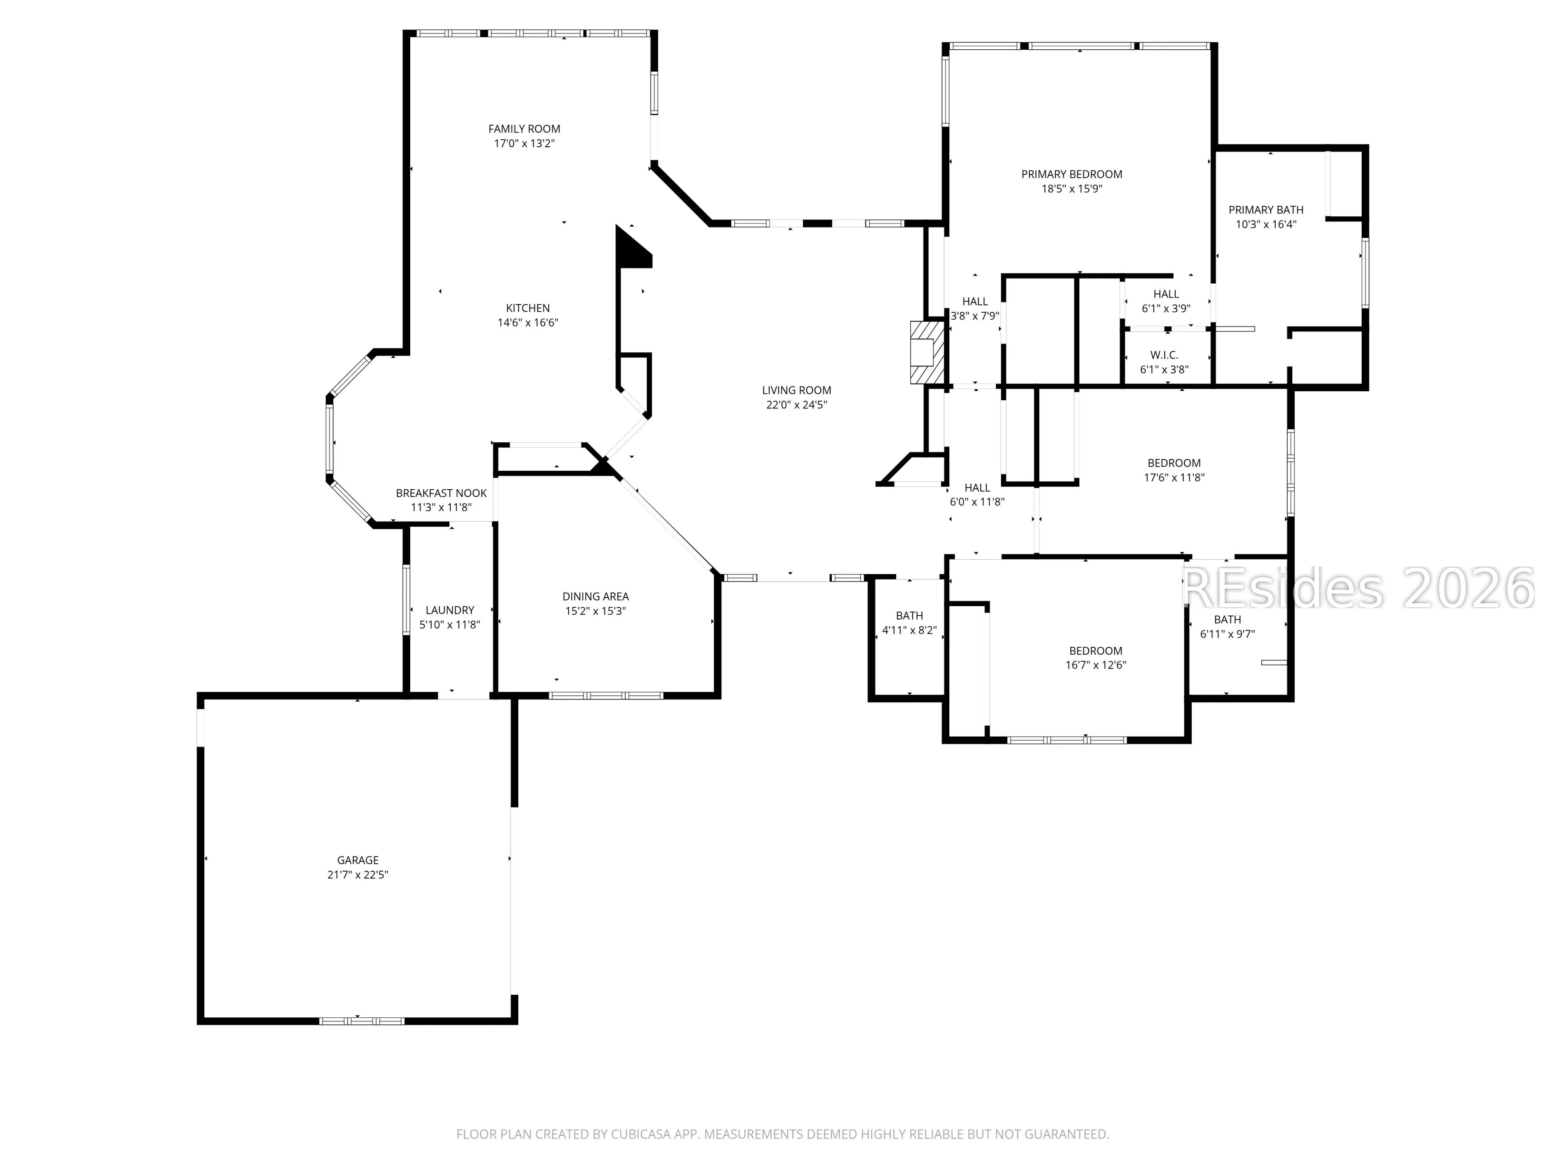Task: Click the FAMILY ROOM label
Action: (524, 129)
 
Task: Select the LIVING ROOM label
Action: (796, 390)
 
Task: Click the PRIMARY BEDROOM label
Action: (1072, 174)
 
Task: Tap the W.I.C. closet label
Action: (1165, 355)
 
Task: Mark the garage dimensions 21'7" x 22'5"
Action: (358, 875)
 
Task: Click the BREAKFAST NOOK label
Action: (441, 493)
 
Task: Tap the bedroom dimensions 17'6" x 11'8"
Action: (1174, 478)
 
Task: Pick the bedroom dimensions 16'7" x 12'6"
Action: (1096, 665)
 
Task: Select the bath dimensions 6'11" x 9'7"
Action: (1228, 634)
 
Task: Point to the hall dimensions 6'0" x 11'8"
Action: (977, 502)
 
